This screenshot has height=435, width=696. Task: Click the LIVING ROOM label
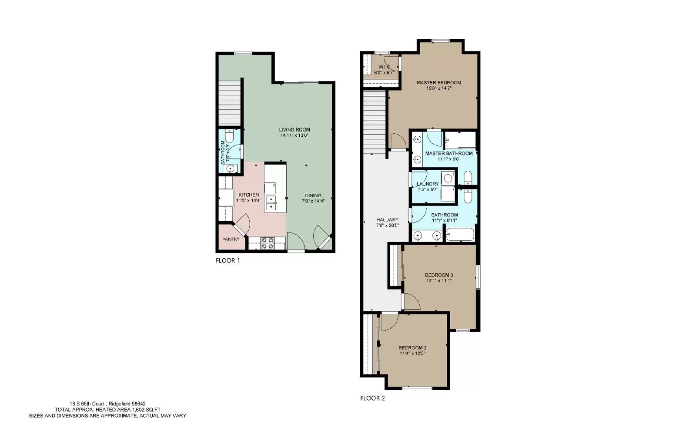(x=294, y=129)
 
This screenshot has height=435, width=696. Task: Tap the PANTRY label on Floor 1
(x=231, y=239)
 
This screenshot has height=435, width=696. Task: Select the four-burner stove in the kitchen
(x=267, y=243)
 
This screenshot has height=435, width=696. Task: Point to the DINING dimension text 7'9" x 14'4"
(x=313, y=201)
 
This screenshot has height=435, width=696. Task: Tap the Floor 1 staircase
(x=229, y=103)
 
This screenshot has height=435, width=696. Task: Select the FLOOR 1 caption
(x=228, y=261)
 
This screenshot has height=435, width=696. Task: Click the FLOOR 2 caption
(x=372, y=398)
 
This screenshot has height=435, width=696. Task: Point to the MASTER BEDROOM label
(x=438, y=82)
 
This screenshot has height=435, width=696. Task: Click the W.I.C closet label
(x=384, y=67)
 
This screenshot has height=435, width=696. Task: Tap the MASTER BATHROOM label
(x=448, y=153)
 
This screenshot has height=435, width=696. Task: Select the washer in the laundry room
(x=448, y=179)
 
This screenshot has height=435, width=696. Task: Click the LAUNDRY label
(x=427, y=184)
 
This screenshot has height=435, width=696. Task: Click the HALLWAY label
(x=387, y=220)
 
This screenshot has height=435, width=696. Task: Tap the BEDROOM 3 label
(x=438, y=275)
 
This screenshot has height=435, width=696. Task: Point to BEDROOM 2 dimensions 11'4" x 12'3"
(x=412, y=354)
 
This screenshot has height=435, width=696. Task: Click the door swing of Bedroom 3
(x=412, y=302)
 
